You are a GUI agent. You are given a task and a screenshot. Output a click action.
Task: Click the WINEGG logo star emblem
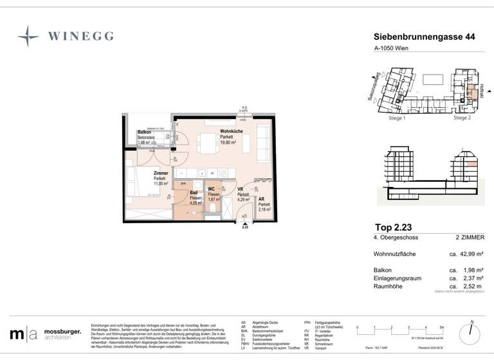28,36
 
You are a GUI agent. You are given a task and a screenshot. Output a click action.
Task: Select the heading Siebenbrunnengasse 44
425,38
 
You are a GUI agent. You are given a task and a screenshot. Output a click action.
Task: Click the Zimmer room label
160,174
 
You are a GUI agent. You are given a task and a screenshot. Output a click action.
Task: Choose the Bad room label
193,192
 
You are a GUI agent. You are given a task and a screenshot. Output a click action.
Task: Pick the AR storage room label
262,199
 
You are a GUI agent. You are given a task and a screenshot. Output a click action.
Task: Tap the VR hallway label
240,190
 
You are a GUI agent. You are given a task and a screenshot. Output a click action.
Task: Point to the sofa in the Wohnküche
264,141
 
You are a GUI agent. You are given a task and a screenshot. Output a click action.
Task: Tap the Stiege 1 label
396,118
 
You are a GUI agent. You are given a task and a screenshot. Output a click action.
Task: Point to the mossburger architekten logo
45,334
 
